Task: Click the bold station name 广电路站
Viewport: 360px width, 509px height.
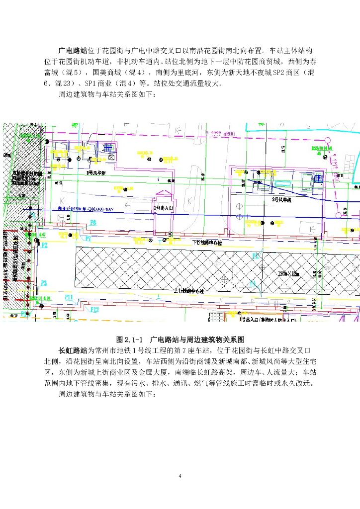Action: (x=74, y=51)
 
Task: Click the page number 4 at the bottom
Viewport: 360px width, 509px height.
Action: (x=180, y=477)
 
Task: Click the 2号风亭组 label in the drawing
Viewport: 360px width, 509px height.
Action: (x=281, y=199)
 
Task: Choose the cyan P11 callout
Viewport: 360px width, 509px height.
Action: (x=69, y=297)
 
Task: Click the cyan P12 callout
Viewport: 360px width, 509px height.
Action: (x=94, y=309)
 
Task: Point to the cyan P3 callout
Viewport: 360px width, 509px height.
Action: (x=44, y=283)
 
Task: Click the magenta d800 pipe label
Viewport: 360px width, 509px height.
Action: (x=228, y=134)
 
